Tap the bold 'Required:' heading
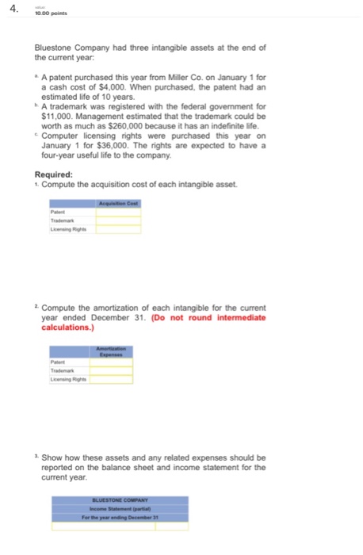tap(55, 175)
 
